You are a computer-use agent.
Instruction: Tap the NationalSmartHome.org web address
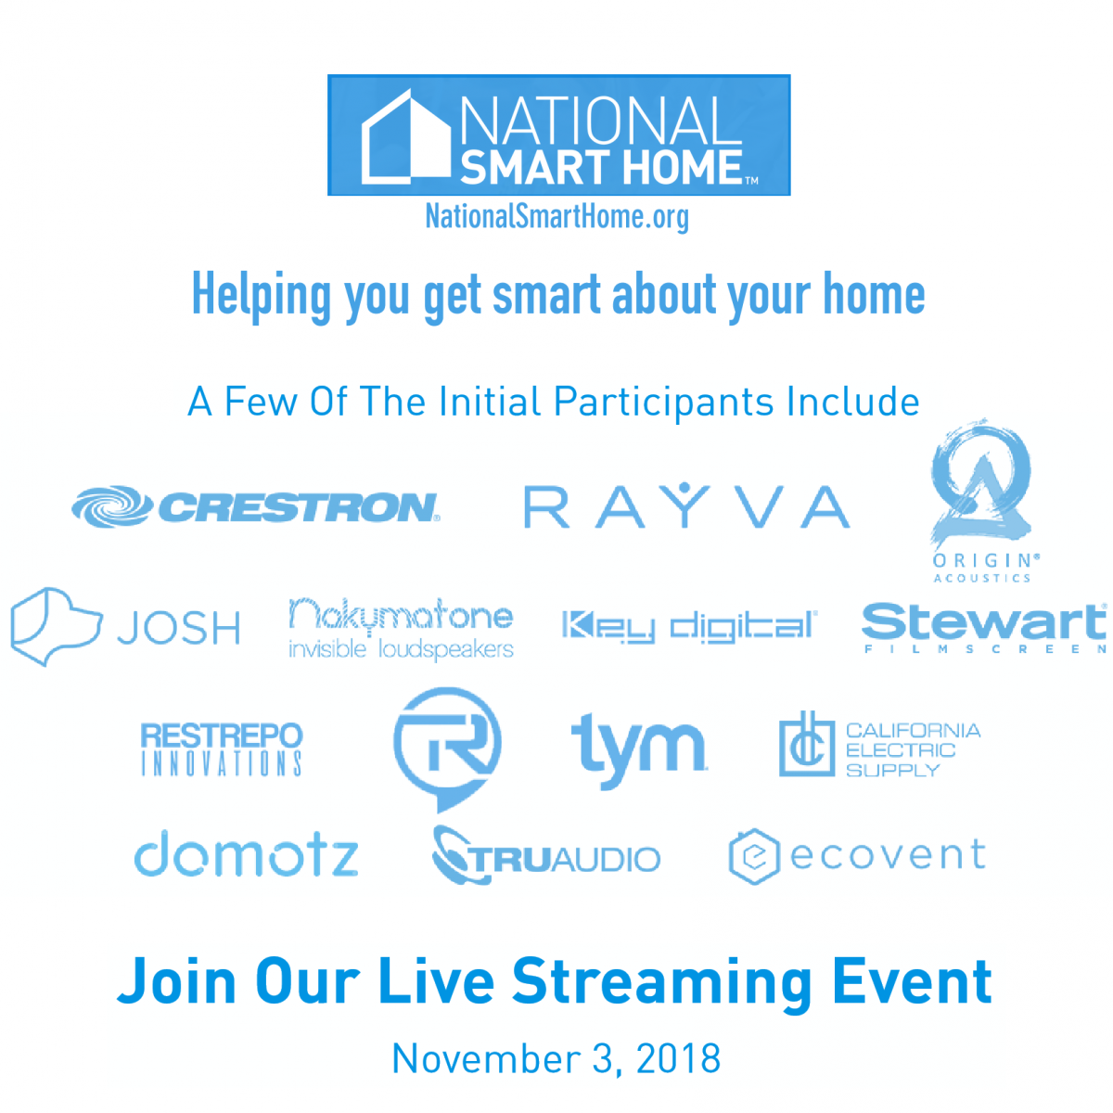coord(556,217)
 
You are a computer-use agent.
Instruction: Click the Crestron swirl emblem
coord(111,506)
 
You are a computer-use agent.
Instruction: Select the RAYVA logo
coord(686,506)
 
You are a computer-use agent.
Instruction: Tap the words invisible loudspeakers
coord(401,650)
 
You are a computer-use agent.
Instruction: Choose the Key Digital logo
coord(690,626)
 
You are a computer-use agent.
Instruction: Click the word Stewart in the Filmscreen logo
coord(984,621)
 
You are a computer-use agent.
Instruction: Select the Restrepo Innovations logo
coord(222,748)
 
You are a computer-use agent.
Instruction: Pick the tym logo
coord(639,749)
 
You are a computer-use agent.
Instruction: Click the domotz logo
coord(246,855)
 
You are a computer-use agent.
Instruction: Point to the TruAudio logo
coord(545,855)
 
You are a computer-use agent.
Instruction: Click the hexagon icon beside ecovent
coord(732,856)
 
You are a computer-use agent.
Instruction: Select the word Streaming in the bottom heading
coord(662,983)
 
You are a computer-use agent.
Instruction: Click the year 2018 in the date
coord(679,1058)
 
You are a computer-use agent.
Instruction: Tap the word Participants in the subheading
coord(664,403)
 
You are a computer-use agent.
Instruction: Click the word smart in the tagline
coord(546,294)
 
